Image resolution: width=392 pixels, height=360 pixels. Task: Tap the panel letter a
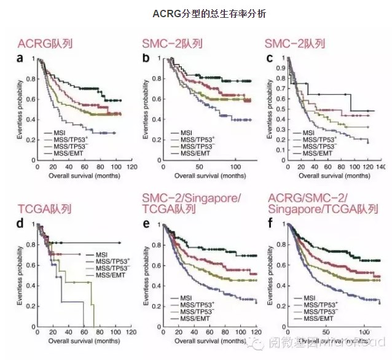22,58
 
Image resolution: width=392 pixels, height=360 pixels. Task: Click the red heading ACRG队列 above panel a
45,43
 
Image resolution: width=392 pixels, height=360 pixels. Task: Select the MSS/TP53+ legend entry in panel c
316,139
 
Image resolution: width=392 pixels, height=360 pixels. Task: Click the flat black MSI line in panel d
86,243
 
